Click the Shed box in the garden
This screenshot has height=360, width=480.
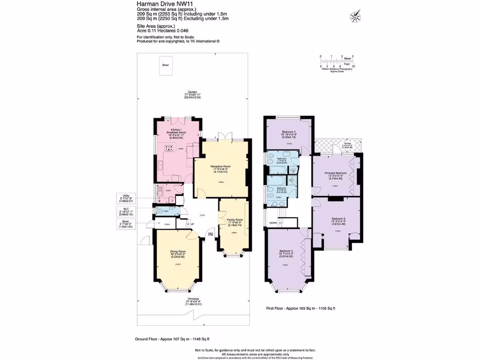point(165,65)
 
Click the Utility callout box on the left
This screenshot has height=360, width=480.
point(126,199)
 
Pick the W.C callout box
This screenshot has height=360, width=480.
point(126,212)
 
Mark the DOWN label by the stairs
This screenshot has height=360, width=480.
point(273,223)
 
